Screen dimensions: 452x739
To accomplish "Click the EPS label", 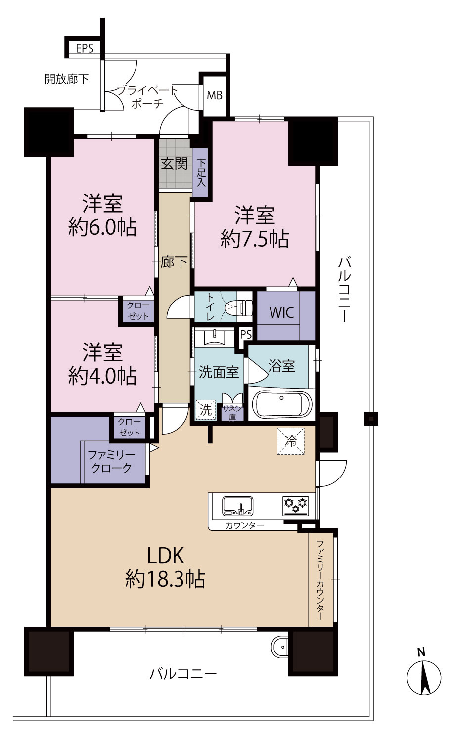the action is tap(85, 48).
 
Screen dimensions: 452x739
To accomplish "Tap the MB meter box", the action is tap(215, 96).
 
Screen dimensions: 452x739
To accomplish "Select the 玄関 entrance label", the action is tap(175, 163).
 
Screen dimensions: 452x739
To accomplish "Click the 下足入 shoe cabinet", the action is tap(201, 172).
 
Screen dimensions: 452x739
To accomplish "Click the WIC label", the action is tap(281, 312).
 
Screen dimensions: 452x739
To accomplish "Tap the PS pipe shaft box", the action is tap(246, 335).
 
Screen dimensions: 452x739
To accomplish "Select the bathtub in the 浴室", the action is tap(281, 404).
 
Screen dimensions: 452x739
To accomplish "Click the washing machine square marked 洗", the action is tap(206, 410).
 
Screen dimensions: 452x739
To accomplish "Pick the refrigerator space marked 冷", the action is tap(291, 441).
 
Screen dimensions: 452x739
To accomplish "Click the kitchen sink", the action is tap(238, 506).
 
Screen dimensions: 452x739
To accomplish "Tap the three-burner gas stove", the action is tap(296, 506).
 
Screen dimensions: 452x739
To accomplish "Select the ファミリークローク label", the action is tap(111, 462).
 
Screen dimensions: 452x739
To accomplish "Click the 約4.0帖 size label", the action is tap(102, 376).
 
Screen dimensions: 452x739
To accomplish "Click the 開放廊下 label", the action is tap(67, 79).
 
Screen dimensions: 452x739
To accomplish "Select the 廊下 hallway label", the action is tap(174, 262).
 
